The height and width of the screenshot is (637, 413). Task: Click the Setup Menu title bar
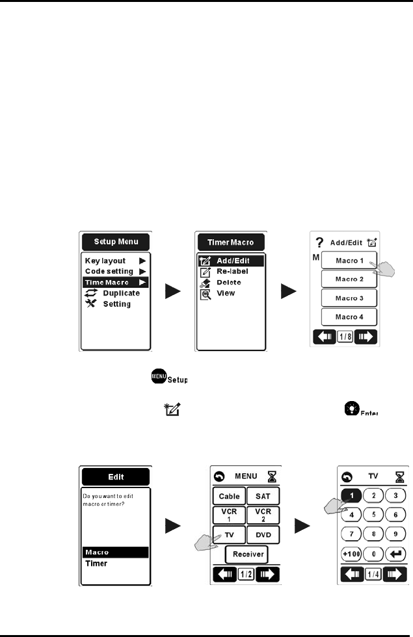114,242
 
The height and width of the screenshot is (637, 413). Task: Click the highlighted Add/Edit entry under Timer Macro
232,261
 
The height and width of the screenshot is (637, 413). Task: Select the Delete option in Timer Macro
229,282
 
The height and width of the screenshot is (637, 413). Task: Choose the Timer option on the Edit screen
97,563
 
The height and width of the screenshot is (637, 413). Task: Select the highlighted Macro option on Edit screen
114,552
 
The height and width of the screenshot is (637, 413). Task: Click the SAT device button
263,496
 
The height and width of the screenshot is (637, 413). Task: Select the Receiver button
246,554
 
